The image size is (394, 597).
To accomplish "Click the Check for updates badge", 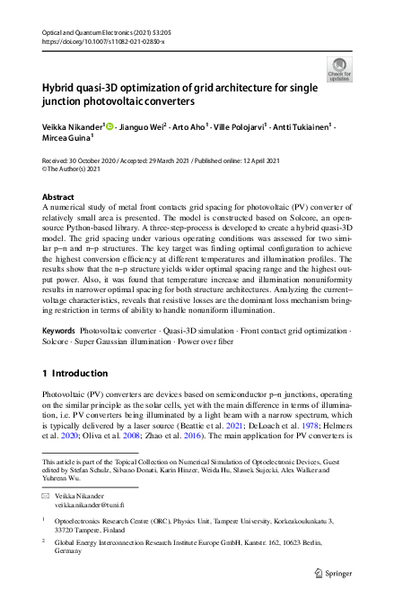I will coord(340,69).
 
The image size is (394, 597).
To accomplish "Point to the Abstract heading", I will coord(59,196).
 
